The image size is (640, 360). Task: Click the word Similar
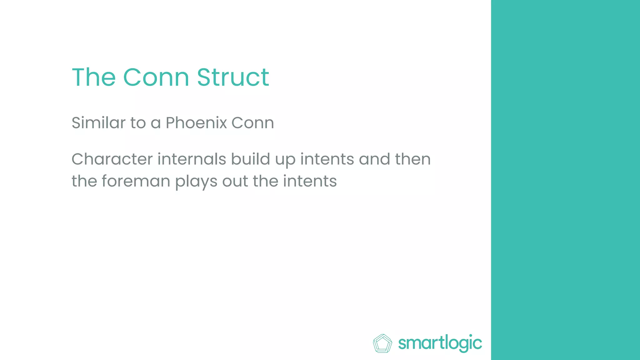98,122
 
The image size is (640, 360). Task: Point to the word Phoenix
196,122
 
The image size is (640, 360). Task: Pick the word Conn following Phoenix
252,122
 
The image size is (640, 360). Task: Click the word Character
112,159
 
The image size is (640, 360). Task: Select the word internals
192,159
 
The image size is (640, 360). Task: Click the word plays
196,182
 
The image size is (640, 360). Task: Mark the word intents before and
327,159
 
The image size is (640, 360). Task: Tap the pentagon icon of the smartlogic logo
382,343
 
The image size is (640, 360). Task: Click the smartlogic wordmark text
440,343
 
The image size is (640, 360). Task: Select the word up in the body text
285,160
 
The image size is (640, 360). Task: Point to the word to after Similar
138,122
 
